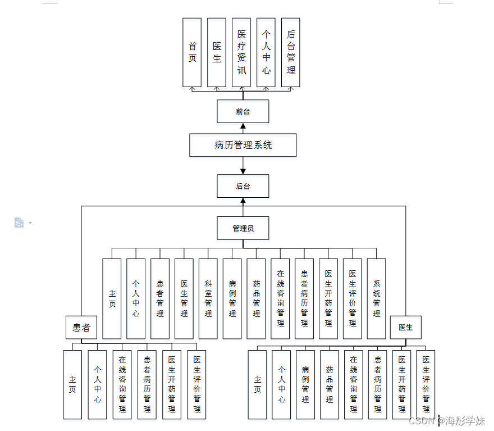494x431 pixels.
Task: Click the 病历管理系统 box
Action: tap(243, 145)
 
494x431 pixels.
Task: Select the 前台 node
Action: tap(243, 111)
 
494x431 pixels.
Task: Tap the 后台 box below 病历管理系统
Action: tap(243, 186)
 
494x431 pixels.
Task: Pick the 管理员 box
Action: tap(243, 228)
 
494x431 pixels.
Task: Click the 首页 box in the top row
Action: tap(192, 52)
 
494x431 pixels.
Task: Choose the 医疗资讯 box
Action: tap(241, 52)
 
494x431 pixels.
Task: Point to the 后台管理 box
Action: tap(290, 52)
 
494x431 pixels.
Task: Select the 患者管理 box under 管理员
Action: tap(160, 298)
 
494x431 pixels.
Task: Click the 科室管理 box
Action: tap(208, 298)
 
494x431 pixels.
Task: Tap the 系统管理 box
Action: tap(376, 298)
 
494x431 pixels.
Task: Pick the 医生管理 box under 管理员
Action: tap(184, 298)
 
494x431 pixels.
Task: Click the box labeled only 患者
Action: tap(81, 328)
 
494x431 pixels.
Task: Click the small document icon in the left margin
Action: tap(19, 223)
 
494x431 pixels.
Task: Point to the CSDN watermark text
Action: tap(446, 421)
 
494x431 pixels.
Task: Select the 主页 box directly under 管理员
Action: tap(112, 298)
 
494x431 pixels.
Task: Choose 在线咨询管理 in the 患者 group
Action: tap(122, 384)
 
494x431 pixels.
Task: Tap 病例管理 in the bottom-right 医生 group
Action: tap(305, 384)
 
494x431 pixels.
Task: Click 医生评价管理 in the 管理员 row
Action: tap(352, 298)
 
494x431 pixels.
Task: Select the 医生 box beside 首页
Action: tap(217, 52)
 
